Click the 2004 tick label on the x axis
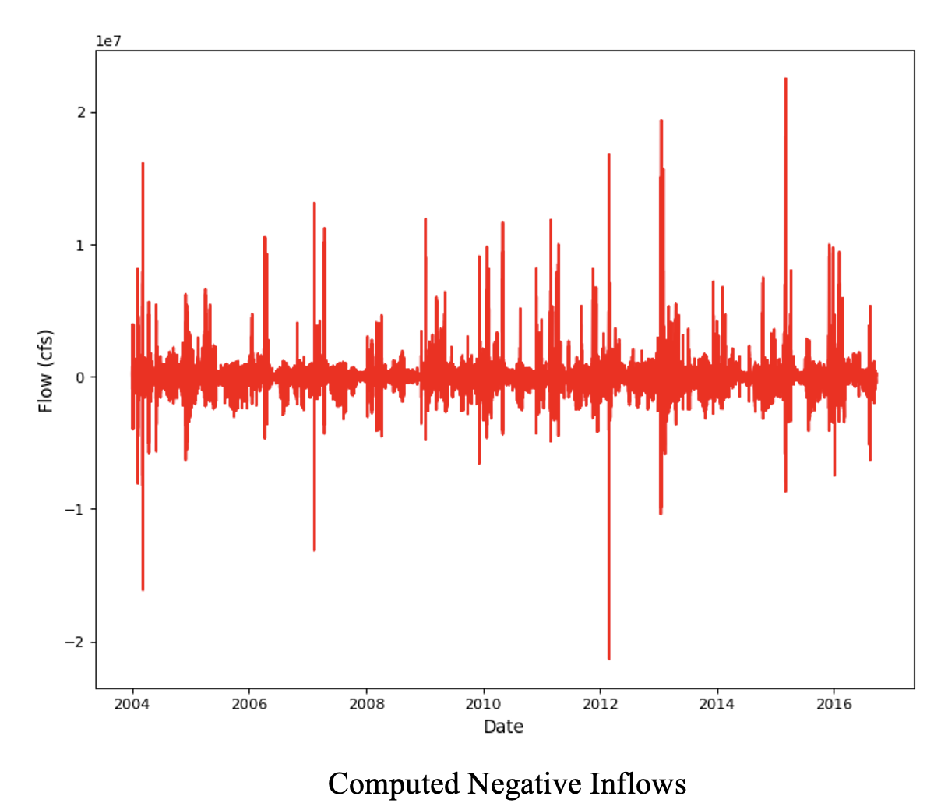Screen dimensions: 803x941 (132, 704)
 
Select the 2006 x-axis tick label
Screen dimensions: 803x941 (249, 704)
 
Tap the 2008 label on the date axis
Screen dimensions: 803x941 (366, 704)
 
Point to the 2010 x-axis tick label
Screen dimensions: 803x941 (483, 704)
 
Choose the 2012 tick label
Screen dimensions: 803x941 (600, 704)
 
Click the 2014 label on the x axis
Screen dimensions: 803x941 (717, 704)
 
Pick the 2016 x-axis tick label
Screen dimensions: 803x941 (834, 704)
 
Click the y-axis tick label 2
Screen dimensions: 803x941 (82, 113)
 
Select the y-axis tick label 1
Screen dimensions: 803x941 (82, 246)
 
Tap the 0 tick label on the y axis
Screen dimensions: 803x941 (82, 377)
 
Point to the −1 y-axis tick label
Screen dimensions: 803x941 (75, 510)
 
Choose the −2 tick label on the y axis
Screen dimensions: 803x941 (75, 642)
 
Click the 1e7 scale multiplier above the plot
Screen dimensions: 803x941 (108, 41)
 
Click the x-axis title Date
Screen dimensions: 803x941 (503, 727)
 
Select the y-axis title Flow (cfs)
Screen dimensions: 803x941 (46, 371)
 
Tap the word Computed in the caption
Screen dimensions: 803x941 (393, 783)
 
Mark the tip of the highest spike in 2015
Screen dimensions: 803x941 (785, 79)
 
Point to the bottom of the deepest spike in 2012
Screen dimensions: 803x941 (609, 659)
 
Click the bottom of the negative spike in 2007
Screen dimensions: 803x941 (314, 550)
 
